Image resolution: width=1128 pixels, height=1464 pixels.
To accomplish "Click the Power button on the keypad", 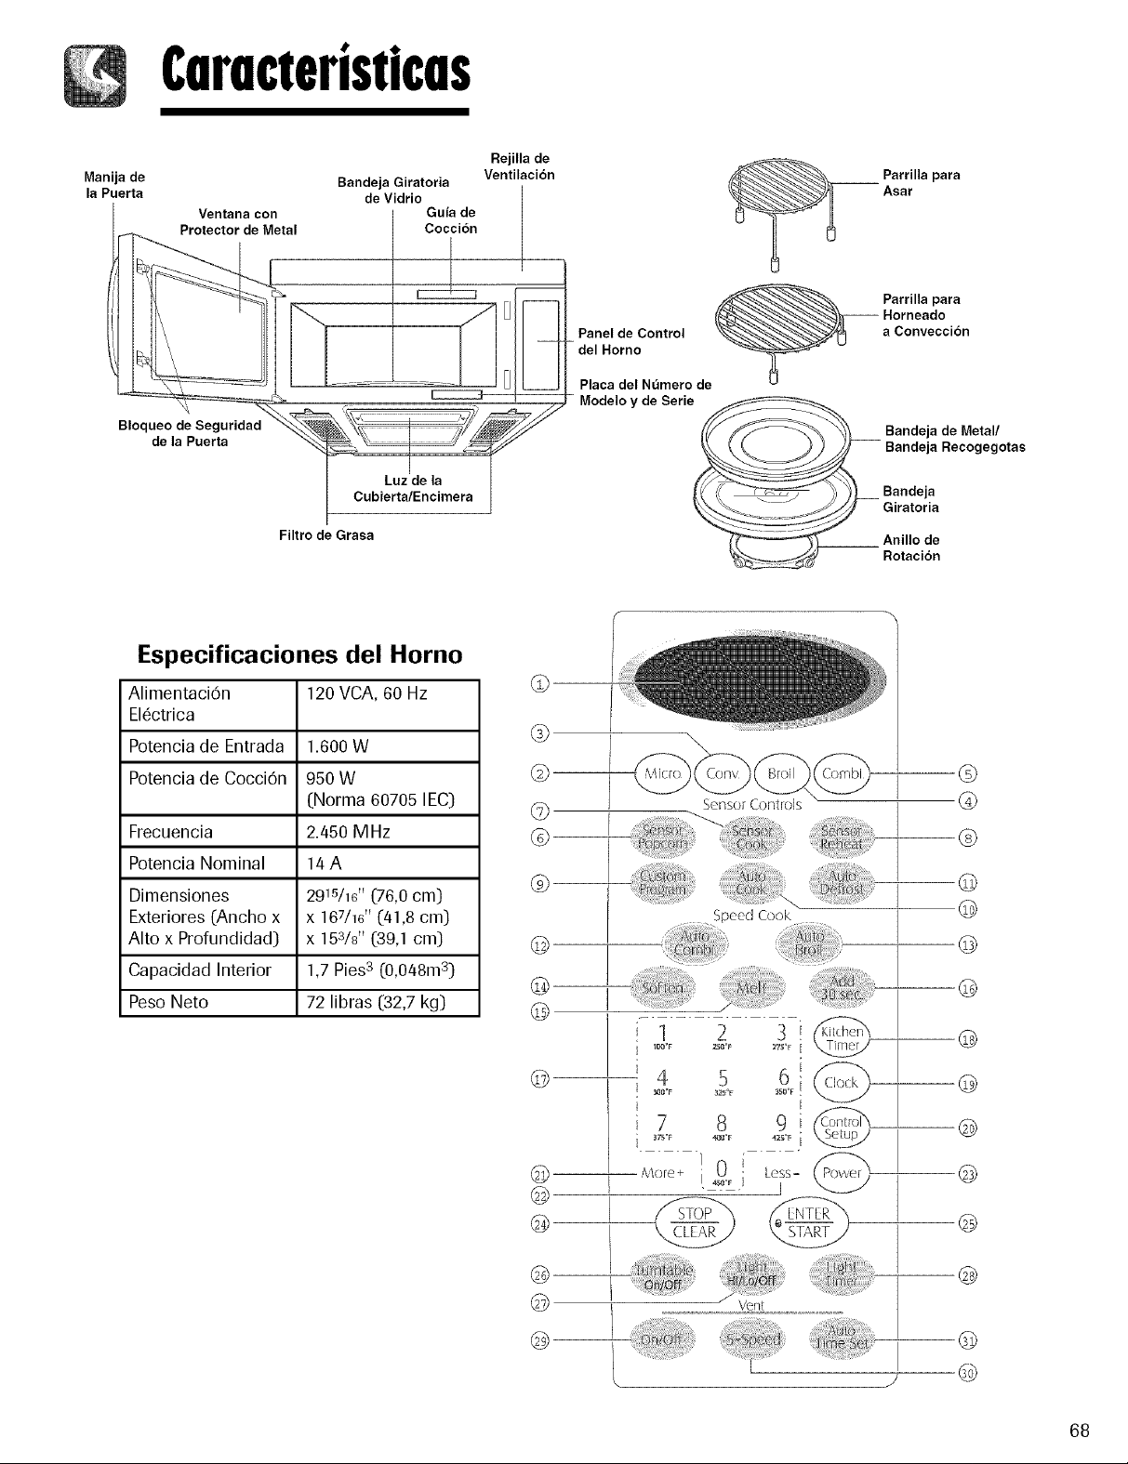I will pos(842,1172).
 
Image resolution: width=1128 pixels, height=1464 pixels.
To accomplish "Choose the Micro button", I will pos(662,773).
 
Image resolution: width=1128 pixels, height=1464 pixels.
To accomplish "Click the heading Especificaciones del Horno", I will pos(299,654).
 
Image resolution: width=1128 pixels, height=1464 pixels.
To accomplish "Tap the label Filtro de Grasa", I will pos(321,535).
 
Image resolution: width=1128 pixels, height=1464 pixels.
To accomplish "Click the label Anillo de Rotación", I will pos(910,548).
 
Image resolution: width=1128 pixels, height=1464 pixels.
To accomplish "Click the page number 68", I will pos(1079,1430).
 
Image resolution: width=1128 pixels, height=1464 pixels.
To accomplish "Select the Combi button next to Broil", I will pos(842,773).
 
